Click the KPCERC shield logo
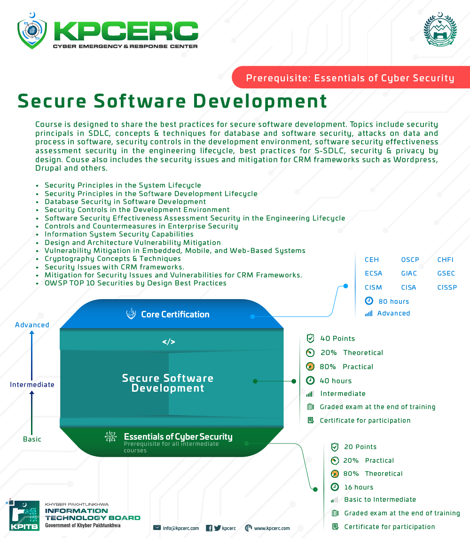point(32,31)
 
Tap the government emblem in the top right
point(440,30)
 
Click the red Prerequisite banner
point(350,78)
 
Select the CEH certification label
point(372,260)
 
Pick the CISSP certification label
point(447,287)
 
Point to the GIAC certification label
point(409,273)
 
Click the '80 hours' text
point(393,301)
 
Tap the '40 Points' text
point(337,339)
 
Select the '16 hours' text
point(359,487)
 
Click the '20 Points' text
point(360,447)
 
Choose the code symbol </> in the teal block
point(169,342)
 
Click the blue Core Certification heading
point(175,314)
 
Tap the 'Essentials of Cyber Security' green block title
point(178,436)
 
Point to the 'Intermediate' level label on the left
point(32,385)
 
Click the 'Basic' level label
point(32,439)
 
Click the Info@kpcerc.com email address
point(180,529)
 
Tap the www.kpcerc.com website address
point(272,529)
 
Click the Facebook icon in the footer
point(209,528)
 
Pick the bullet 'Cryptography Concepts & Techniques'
point(113,259)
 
